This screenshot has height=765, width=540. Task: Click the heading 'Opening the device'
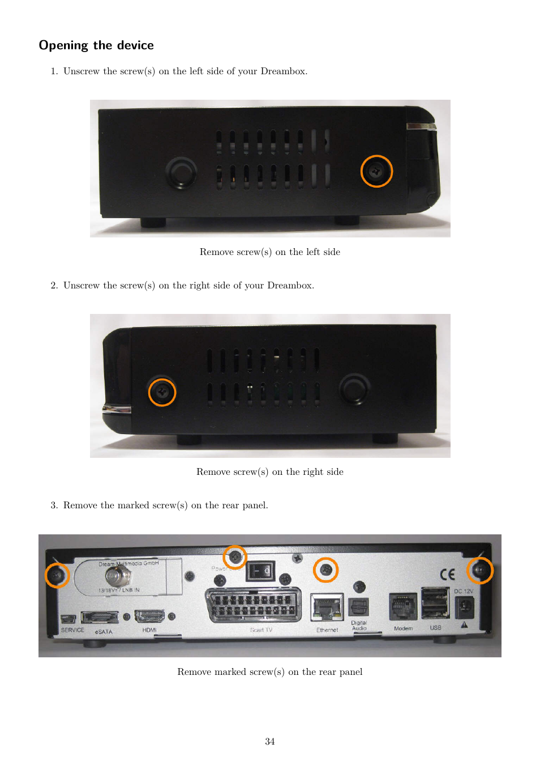(x=96, y=45)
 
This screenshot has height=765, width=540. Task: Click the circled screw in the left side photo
(x=376, y=171)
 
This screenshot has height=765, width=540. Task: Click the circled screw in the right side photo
(x=162, y=392)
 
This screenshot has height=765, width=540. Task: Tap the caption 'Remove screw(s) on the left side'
(x=269, y=252)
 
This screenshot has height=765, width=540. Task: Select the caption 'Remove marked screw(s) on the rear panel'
(x=269, y=672)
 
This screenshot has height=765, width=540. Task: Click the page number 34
(x=269, y=742)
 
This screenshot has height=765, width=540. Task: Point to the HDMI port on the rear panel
(x=149, y=616)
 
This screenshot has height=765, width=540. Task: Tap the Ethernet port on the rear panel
(x=327, y=608)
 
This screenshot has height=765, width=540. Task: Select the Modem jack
(x=403, y=607)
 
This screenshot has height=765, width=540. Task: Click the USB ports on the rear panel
(x=435, y=603)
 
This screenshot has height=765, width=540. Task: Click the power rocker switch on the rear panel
(x=260, y=571)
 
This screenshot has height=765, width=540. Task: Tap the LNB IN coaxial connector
(x=118, y=577)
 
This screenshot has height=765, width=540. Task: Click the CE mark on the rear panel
(x=447, y=575)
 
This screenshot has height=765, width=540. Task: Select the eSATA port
(x=100, y=617)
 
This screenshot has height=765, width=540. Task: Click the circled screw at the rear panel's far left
(x=57, y=575)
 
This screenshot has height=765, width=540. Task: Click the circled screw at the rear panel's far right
(x=479, y=570)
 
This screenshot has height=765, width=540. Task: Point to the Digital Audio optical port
(x=359, y=607)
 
